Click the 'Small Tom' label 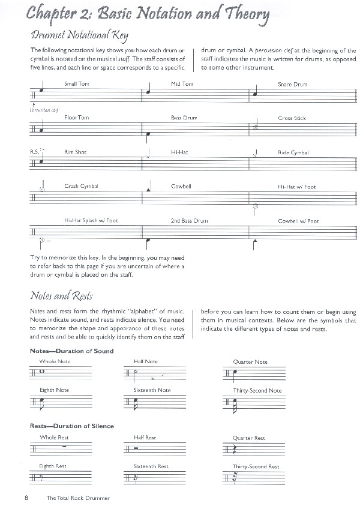pyautogui.click(x=76, y=83)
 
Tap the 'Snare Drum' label pyautogui.click(x=292, y=84)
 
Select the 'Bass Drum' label pyautogui.click(x=184, y=118)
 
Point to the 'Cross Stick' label pyautogui.click(x=292, y=118)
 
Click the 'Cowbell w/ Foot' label pyautogui.click(x=298, y=221)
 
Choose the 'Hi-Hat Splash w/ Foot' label pyautogui.click(x=91, y=220)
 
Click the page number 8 pyautogui.click(x=26, y=498)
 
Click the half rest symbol pyautogui.click(x=137, y=448)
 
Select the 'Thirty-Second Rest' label pyautogui.click(x=256, y=466)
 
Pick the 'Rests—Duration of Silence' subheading pyautogui.click(x=71, y=426)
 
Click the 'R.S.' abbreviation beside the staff pyautogui.click(x=34, y=152)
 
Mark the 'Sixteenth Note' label pyautogui.click(x=152, y=390)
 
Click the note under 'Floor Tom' pyautogui.click(x=41, y=129)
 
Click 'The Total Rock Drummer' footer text pyautogui.click(x=77, y=498)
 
